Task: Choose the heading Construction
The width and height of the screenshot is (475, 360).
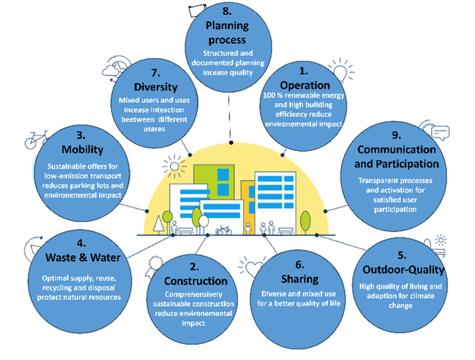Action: (x=195, y=281)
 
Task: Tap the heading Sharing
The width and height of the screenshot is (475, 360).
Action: (x=299, y=279)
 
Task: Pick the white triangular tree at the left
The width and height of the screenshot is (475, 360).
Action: (x=158, y=224)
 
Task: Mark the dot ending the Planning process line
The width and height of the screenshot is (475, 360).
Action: (x=231, y=143)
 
